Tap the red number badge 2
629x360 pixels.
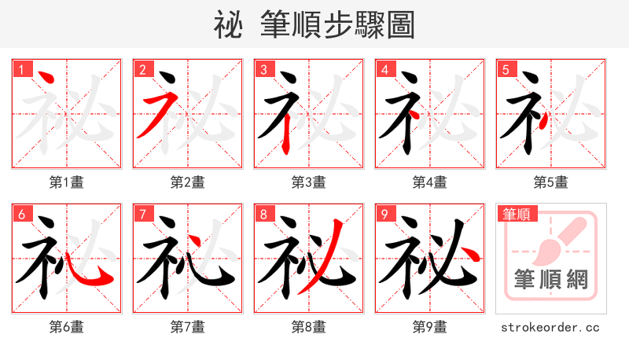(142, 69)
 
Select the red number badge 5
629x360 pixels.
(506, 69)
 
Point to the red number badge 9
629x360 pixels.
(384, 214)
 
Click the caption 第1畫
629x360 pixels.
(67, 182)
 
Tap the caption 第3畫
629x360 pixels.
(309, 182)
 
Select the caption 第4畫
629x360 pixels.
(430, 182)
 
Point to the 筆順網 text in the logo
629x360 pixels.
(551, 279)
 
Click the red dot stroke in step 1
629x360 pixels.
(46, 79)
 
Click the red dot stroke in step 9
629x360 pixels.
(469, 253)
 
